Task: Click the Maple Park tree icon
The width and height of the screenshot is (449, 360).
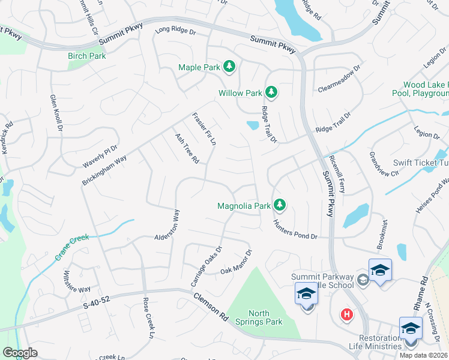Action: click(229, 67)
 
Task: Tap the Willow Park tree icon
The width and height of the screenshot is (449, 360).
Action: click(271, 92)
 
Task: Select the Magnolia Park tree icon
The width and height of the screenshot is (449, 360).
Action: click(279, 206)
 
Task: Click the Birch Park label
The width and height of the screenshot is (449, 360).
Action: click(86, 56)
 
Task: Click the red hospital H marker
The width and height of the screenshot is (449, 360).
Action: click(346, 314)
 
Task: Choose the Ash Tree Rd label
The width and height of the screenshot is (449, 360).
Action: click(187, 148)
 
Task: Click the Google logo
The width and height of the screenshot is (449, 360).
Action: click(20, 353)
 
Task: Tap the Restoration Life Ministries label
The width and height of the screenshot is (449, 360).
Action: click(375, 342)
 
